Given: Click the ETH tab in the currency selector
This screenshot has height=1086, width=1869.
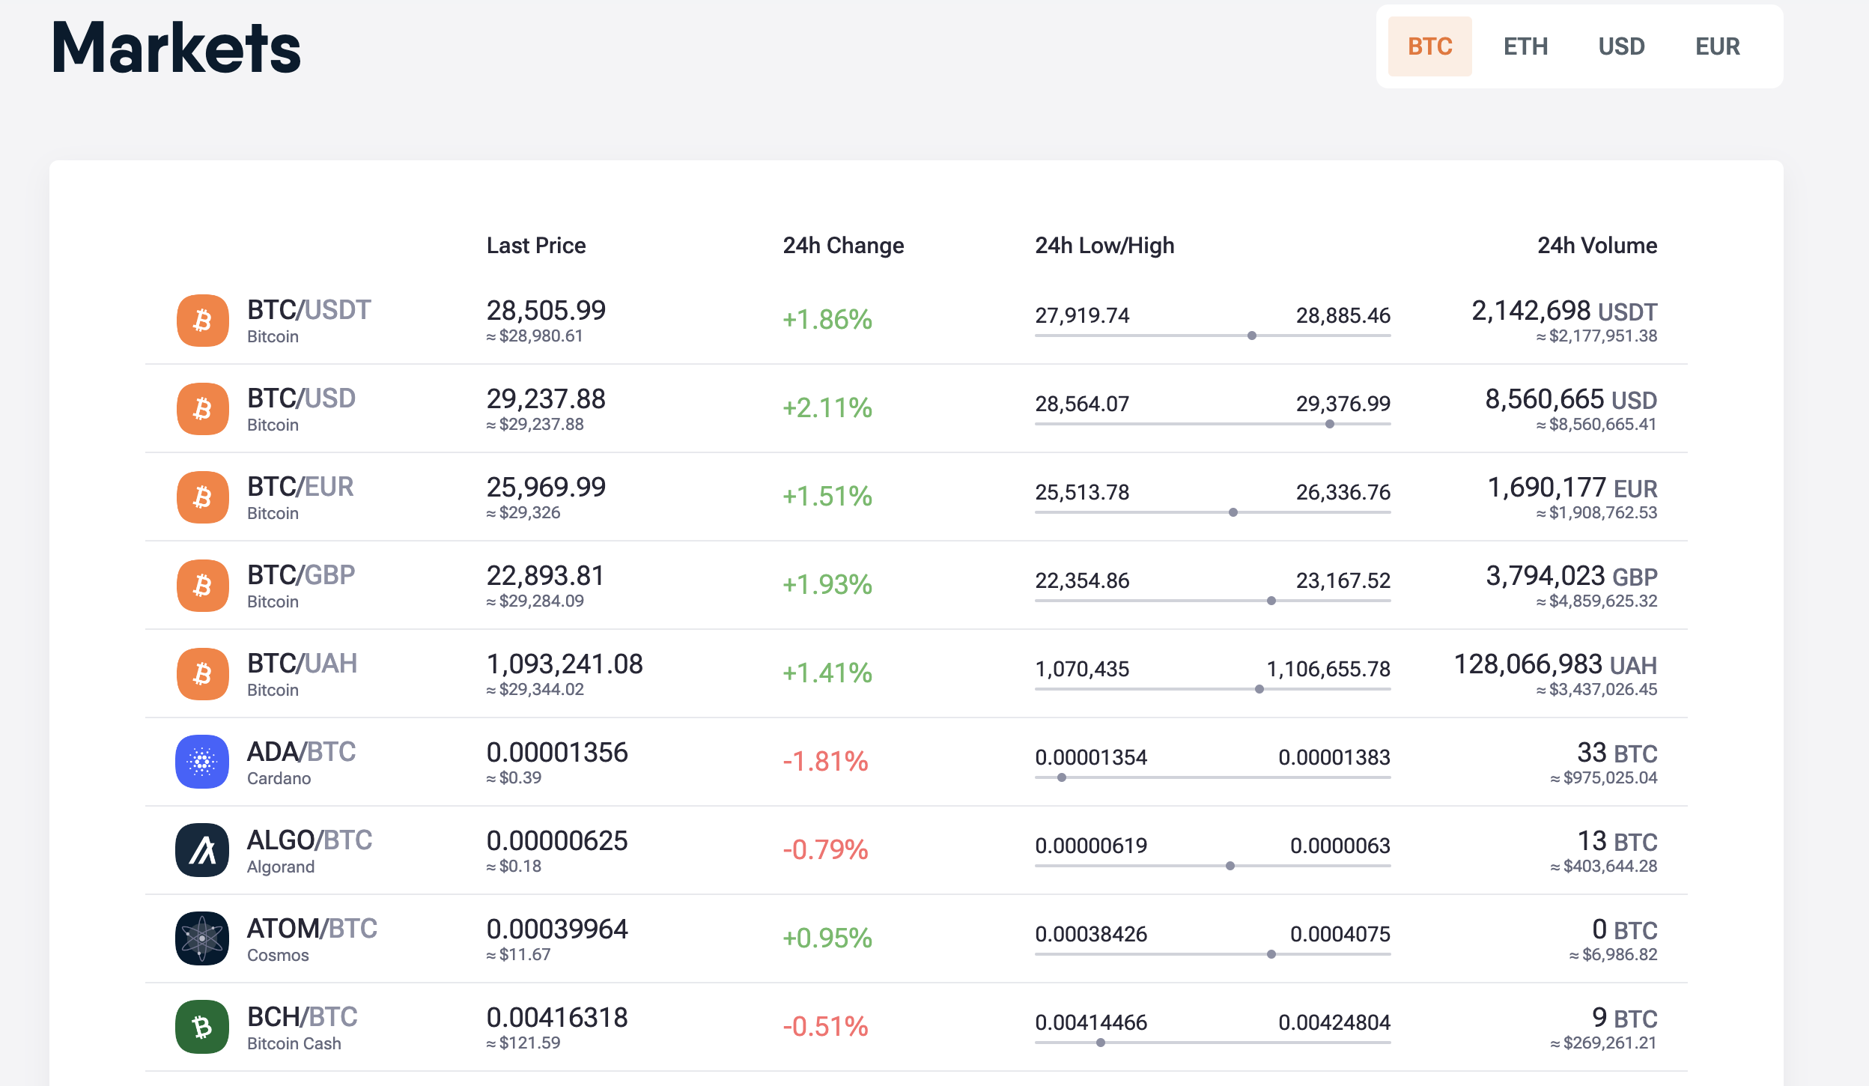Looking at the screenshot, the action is (x=1525, y=46).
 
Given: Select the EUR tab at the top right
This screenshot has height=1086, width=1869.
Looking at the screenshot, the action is (x=1717, y=46).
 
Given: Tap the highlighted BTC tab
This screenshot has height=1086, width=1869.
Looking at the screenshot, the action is (x=1430, y=46).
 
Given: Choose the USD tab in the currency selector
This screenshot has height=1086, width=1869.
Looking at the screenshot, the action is (x=1621, y=46).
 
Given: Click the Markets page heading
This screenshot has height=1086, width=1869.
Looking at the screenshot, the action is (x=177, y=48).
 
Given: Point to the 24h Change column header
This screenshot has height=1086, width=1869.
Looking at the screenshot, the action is (x=843, y=246).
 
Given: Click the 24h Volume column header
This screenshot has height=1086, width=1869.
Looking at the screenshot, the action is (x=1597, y=246).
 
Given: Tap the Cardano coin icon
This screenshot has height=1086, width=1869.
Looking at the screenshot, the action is (x=202, y=762).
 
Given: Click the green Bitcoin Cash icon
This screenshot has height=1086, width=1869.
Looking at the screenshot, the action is (x=202, y=1027).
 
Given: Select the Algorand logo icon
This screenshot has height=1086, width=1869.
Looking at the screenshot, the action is (x=202, y=850).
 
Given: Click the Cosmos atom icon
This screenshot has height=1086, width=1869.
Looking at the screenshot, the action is (x=202, y=938).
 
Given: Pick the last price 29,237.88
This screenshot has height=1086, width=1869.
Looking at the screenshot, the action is (x=546, y=399).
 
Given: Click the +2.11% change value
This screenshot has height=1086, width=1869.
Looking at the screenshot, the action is (x=827, y=408).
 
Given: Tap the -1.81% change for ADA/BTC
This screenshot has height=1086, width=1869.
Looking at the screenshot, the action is (x=825, y=762).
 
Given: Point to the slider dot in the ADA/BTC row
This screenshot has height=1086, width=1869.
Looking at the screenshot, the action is (x=1062, y=777).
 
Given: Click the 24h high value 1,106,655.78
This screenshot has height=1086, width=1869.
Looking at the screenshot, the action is (x=1328, y=669).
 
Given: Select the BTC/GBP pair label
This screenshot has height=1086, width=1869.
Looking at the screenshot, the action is (x=301, y=575).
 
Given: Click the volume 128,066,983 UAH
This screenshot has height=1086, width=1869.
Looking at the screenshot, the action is (x=1555, y=664).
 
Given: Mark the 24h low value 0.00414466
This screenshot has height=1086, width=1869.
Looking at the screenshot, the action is (x=1091, y=1022).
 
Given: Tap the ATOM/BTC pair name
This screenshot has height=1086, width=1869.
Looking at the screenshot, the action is (x=312, y=929).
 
